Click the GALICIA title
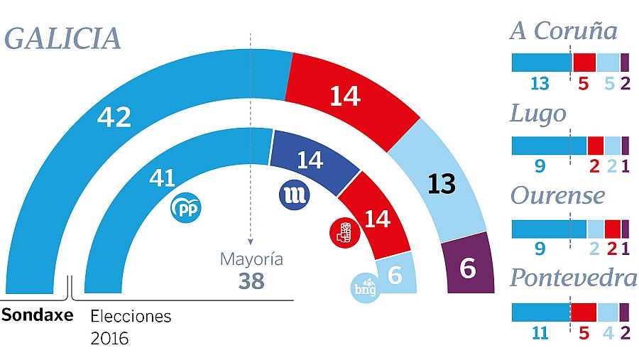tap(62, 38)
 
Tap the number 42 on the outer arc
tap(114, 117)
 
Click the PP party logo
tap(187, 208)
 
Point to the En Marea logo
tap(293, 195)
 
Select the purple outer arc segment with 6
tap(468, 266)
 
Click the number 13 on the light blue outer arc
tap(442, 184)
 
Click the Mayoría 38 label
tap(251, 271)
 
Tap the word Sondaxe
tap(37, 315)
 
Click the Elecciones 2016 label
tap(131, 327)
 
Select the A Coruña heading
tap(563, 31)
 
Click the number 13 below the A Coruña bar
tap(540, 84)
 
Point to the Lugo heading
tap(538, 114)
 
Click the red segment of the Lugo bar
tap(595, 146)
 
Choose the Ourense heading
tap(557, 195)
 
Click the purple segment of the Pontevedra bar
tap(624, 312)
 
